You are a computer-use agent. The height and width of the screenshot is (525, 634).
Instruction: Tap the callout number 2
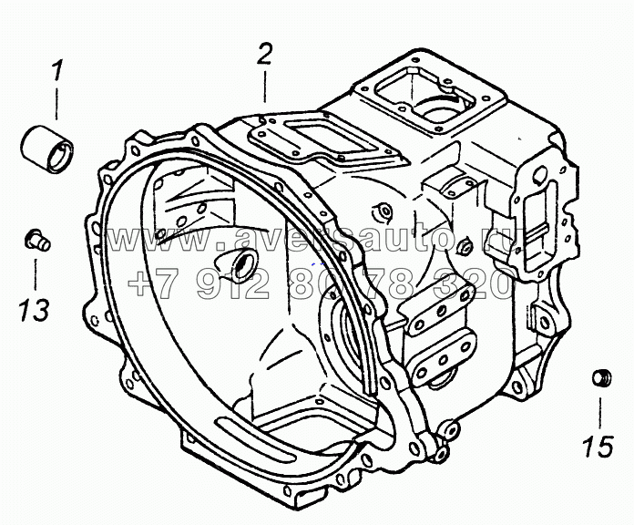[x=265, y=54]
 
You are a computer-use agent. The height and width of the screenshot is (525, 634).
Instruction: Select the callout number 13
[x=36, y=310]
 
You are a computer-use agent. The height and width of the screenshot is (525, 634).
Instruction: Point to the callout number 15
[x=598, y=446]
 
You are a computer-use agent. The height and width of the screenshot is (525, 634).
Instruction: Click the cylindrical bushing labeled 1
[x=47, y=149]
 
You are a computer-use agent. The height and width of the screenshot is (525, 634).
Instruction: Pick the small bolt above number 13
[x=37, y=240]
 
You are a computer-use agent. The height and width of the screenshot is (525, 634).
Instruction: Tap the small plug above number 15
[x=602, y=377]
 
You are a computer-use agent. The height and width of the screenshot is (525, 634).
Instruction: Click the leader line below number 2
[x=265, y=87]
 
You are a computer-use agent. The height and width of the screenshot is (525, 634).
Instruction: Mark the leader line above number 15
[x=600, y=413]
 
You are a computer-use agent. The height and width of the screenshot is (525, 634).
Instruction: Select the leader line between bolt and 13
[x=36, y=274]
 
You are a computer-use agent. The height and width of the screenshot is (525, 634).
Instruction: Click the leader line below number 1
[x=56, y=104]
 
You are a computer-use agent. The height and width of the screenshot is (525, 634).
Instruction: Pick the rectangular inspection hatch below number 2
[x=327, y=138]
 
